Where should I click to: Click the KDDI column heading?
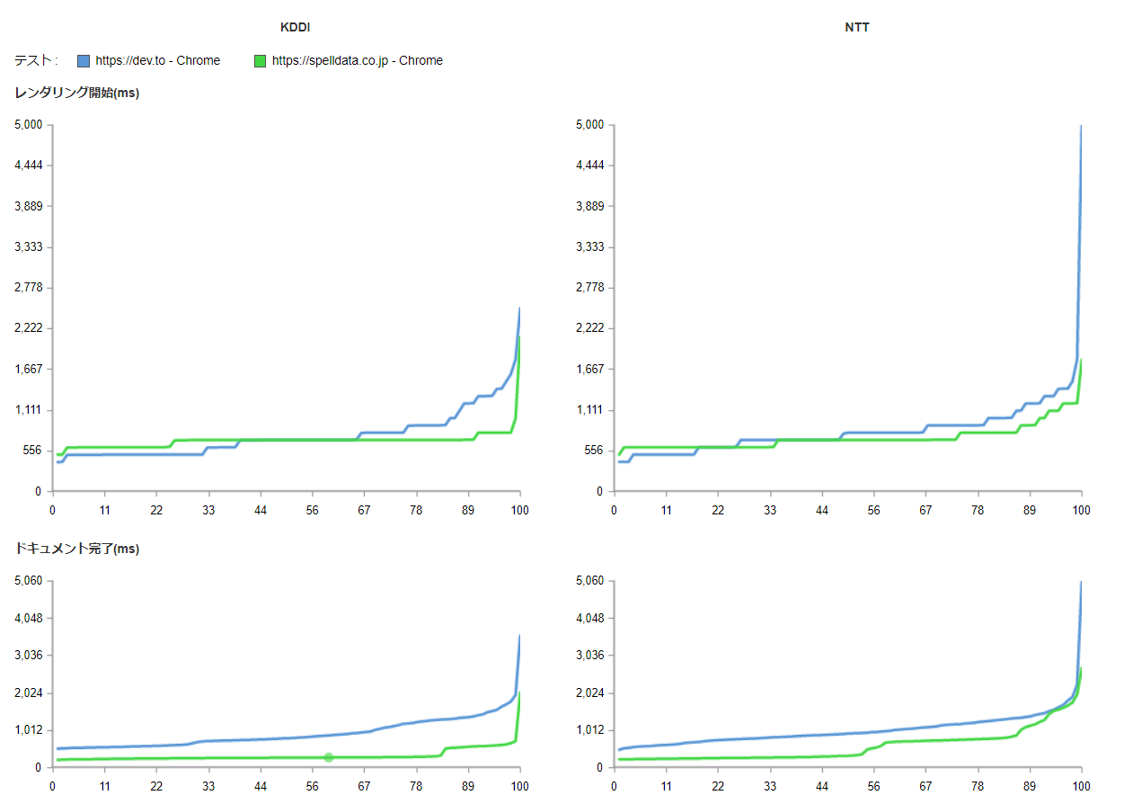coord(295,27)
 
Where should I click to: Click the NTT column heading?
coord(857,27)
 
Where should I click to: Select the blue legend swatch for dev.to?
coord(84,61)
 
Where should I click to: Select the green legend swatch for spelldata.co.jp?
coord(260,61)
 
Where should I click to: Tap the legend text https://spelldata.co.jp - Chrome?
coord(357,61)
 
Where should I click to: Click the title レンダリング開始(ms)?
coord(76,93)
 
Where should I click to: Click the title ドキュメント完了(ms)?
coord(76,549)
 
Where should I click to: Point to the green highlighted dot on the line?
coord(329,757)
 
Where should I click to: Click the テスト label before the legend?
coord(36,61)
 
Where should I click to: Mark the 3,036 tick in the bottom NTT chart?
coord(589,656)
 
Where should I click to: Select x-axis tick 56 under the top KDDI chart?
coord(313,510)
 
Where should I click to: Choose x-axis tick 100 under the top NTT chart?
coord(1081,510)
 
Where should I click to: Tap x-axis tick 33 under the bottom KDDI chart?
coord(208,785)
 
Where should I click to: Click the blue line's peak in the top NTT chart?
coord(1081,127)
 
